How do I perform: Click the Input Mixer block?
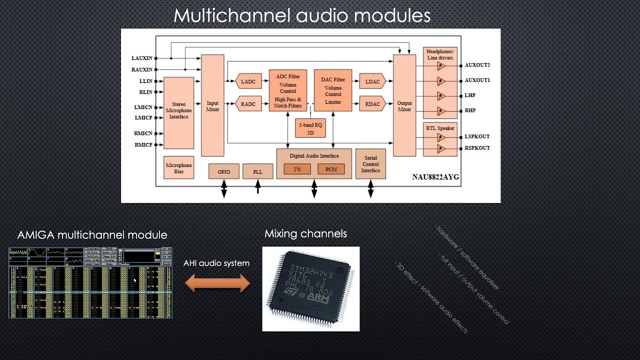tap(212, 106)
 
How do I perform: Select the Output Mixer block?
tap(404, 106)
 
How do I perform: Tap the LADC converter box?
tap(248, 81)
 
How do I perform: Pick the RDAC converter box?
tap(372, 104)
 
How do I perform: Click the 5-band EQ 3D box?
tap(310, 128)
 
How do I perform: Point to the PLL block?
tap(257, 171)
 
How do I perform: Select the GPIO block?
tap(224, 171)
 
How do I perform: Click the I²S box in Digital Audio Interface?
tap(297, 169)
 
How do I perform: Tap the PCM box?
tap(331, 169)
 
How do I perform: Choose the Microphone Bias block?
tap(178, 168)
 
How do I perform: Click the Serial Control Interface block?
tap(370, 164)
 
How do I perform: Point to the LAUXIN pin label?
tap(142, 58)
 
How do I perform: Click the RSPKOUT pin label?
tap(477, 148)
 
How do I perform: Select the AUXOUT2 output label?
tap(477, 65)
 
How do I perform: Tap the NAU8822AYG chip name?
tap(435, 177)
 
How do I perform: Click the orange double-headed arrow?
tap(217, 283)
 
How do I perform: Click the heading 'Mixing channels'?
tap(305, 233)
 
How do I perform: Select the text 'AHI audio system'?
tap(216, 263)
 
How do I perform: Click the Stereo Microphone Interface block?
tap(178, 110)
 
